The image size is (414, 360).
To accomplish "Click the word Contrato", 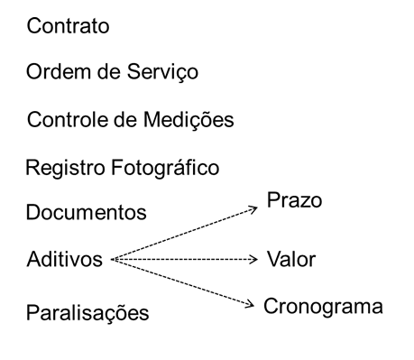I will coord(68,26).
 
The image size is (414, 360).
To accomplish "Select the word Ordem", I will coord(55,72).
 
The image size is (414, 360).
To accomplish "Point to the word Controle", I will coord(65,120).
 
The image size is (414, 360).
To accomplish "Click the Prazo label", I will coord(292,199).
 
